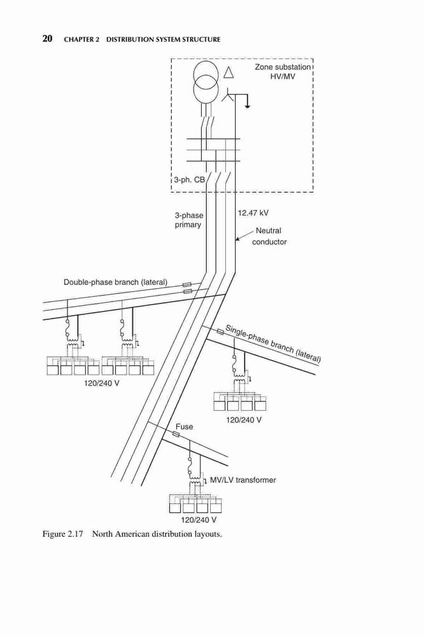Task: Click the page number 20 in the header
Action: [x=47, y=39]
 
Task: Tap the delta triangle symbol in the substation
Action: [x=229, y=73]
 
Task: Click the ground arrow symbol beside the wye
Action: [x=247, y=106]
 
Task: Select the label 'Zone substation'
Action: [x=283, y=67]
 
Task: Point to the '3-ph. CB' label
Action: [x=190, y=179]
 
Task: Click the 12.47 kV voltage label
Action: [x=253, y=213]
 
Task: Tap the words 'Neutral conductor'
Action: [x=269, y=236]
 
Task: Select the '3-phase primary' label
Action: [x=188, y=220]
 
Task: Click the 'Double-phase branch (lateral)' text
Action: [x=115, y=282]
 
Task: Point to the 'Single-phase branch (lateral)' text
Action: [x=273, y=343]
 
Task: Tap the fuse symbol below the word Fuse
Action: [x=176, y=434]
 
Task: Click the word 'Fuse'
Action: [x=184, y=427]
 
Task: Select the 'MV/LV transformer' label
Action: [x=243, y=480]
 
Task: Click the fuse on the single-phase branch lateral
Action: [x=220, y=332]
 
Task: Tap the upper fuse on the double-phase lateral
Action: [x=188, y=285]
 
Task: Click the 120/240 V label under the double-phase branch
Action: [x=101, y=383]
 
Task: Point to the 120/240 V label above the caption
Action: [x=199, y=520]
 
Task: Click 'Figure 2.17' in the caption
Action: [x=62, y=534]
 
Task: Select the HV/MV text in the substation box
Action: [x=283, y=76]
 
